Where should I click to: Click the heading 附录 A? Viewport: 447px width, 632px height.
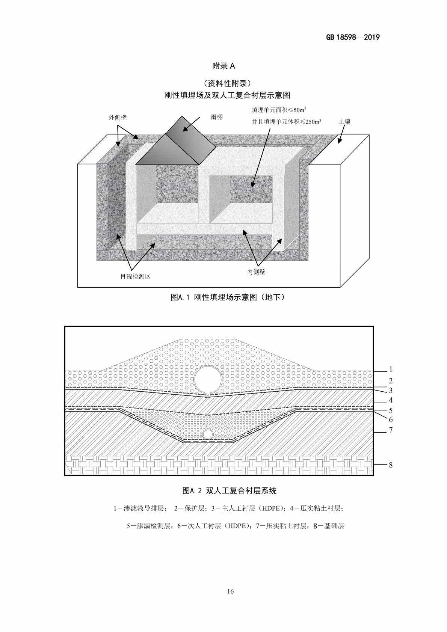pos(223,66)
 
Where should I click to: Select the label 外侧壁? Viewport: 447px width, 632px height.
pos(118,118)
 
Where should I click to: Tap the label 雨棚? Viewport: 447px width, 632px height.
pos(216,117)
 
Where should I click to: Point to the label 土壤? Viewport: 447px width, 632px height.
pos(344,122)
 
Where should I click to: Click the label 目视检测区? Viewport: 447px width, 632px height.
pos(135,276)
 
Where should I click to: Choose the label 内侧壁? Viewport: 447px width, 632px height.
pos(256,272)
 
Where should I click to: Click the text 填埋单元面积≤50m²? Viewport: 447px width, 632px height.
pos(279,110)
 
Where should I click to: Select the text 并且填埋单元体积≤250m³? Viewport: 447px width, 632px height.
pos(286,122)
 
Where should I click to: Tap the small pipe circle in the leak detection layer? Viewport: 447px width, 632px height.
pos(208,434)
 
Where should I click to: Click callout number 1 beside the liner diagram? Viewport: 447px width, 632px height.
pos(391,369)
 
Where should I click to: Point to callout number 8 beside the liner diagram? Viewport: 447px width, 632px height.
pos(391,465)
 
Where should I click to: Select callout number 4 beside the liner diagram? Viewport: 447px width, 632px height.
pos(391,400)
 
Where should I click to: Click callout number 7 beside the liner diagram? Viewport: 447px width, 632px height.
pos(391,430)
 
